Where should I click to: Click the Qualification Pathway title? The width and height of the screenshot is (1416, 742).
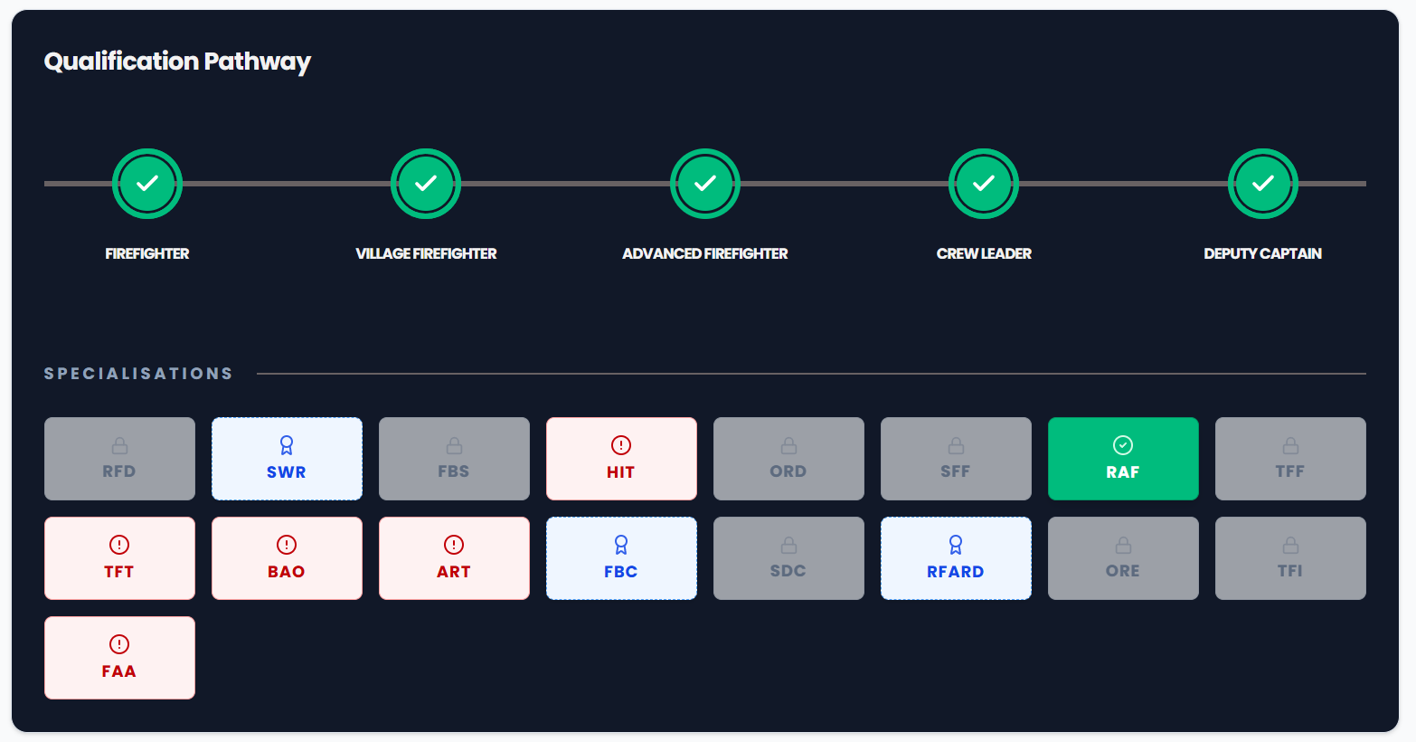pyautogui.click(x=177, y=62)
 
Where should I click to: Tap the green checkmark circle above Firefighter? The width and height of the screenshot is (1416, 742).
pyautogui.click(x=147, y=184)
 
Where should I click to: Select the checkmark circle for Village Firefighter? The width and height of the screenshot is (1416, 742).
pyautogui.click(x=425, y=184)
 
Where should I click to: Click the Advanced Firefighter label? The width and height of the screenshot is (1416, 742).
pyautogui.click(x=705, y=253)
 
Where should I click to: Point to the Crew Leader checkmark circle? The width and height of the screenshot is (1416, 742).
pyautogui.click(x=984, y=184)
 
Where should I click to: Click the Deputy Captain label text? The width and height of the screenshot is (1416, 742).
pyautogui.click(x=1262, y=253)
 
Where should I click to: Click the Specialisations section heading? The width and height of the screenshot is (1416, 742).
pyautogui.click(x=138, y=373)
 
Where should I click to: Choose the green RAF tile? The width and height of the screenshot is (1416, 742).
pyautogui.click(x=1123, y=459)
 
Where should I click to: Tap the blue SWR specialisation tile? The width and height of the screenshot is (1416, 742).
pyautogui.click(x=287, y=459)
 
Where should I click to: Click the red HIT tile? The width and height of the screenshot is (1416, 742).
pyautogui.click(x=621, y=459)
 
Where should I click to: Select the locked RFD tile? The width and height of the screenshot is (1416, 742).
pyautogui.click(x=119, y=459)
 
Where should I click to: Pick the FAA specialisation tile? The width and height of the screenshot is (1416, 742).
pyautogui.click(x=119, y=658)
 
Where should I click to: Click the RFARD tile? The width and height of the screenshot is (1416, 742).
pyautogui.click(x=956, y=558)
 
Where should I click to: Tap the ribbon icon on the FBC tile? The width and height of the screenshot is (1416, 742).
pyautogui.click(x=621, y=545)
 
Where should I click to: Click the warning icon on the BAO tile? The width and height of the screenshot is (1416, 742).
pyautogui.click(x=287, y=545)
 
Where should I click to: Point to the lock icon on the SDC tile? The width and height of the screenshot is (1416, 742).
pyautogui.click(x=788, y=545)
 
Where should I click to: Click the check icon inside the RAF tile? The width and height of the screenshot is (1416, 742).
pyautogui.click(x=1123, y=445)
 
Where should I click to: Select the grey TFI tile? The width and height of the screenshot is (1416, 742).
pyautogui.click(x=1290, y=558)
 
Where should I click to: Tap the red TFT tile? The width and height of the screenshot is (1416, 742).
pyautogui.click(x=119, y=558)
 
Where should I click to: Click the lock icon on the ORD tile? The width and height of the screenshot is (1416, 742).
pyautogui.click(x=788, y=445)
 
